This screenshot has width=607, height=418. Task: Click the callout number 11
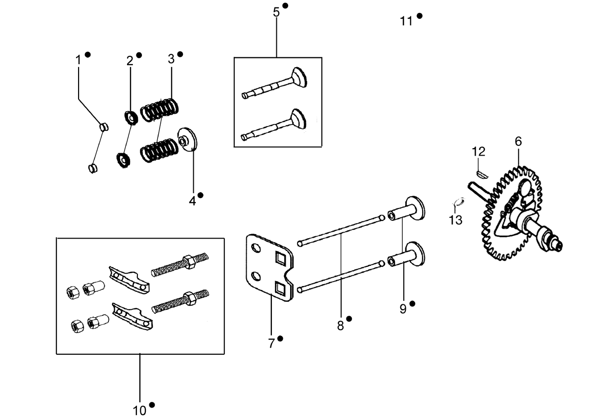point(406,21)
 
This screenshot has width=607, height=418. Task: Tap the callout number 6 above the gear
point(518,141)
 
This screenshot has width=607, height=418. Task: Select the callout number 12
point(478,152)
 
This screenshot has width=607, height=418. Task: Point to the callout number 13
point(456,220)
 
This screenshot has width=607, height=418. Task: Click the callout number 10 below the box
point(139,411)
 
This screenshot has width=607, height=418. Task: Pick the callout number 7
point(271,343)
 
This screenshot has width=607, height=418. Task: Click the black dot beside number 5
point(285,5)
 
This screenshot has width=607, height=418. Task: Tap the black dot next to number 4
point(200,195)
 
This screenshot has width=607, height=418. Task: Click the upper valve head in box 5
point(299,77)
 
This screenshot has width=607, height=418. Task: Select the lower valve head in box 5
point(299,119)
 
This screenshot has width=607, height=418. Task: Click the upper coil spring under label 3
point(159,110)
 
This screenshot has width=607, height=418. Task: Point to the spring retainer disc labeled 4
point(187,139)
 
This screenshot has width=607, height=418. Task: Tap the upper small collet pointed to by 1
point(104,127)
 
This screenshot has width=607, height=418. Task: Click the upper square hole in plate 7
point(280,257)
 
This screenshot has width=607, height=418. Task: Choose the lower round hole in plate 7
point(256,276)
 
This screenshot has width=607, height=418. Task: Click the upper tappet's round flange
point(415,209)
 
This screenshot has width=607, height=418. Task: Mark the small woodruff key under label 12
point(482,174)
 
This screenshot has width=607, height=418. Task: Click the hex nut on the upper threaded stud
point(189,262)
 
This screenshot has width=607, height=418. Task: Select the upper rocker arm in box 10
point(129,280)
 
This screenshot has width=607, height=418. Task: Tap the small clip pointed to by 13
point(459,202)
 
